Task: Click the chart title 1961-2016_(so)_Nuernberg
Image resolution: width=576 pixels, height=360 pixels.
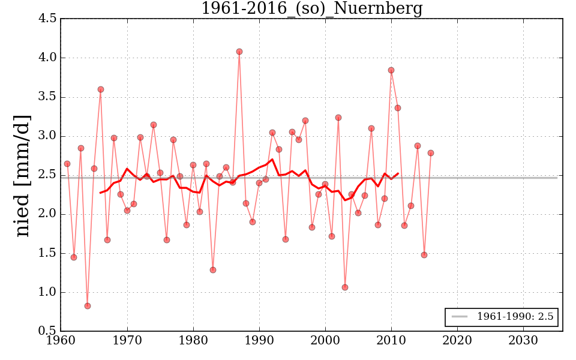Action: (x=311, y=8)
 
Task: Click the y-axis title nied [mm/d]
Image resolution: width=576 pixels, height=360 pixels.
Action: (x=22, y=175)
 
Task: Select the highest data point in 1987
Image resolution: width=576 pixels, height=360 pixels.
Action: (x=239, y=52)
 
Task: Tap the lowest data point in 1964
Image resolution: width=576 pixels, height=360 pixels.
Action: (x=88, y=306)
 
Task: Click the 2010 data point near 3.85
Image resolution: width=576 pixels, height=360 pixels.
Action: (x=391, y=70)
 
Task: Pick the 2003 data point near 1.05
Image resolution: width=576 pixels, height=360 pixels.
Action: (x=345, y=287)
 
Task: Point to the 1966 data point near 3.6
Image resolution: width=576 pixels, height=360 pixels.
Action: (x=101, y=89)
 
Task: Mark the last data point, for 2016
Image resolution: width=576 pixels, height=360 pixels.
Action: (x=431, y=153)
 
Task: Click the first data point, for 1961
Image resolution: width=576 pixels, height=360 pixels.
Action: (x=67, y=164)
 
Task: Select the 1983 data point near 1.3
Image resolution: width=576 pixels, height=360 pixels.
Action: (x=213, y=270)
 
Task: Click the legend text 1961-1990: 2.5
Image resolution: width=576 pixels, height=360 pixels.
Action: (x=515, y=317)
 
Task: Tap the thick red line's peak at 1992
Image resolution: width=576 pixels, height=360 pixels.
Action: (x=272, y=159)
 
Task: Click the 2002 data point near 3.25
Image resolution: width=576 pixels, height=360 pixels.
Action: (x=338, y=118)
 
